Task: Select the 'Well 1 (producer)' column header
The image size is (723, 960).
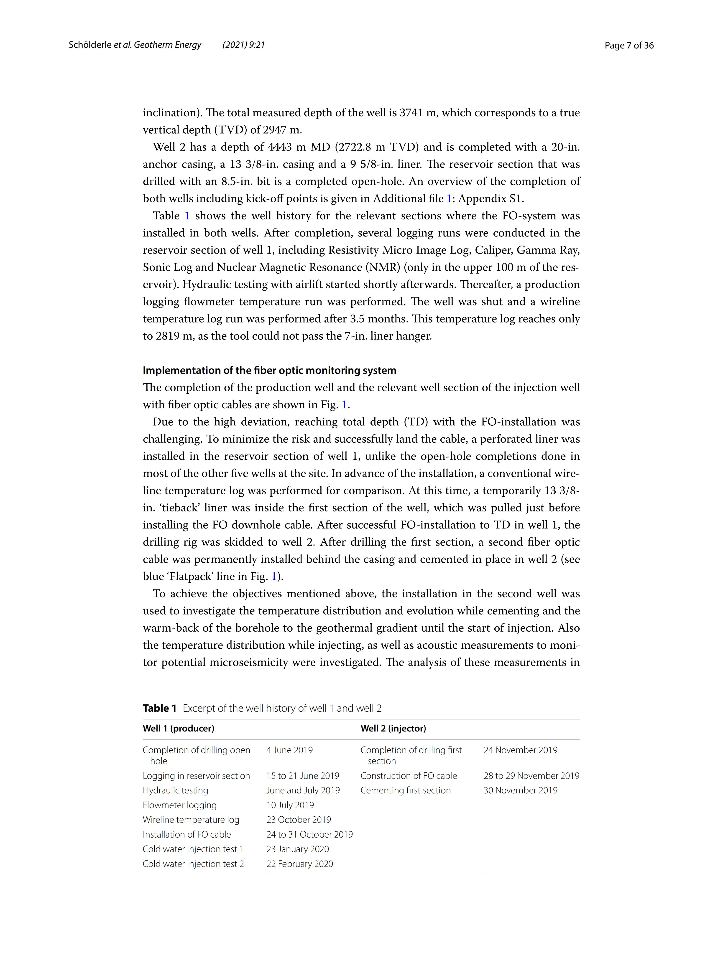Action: (x=179, y=728)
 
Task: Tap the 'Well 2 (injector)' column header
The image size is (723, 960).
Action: (x=393, y=728)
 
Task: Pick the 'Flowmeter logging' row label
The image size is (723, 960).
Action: (x=179, y=805)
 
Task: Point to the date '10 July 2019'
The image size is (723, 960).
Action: (x=290, y=805)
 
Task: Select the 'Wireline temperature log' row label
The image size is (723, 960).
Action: (x=191, y=820)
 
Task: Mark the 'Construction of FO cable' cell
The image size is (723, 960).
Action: (x=409, y=776)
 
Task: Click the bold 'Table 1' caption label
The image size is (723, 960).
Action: (x=159, y=708)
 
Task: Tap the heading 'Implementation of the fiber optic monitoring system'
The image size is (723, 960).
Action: (x=269, y=370)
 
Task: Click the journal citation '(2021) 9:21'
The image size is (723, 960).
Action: (x=244, y=45)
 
